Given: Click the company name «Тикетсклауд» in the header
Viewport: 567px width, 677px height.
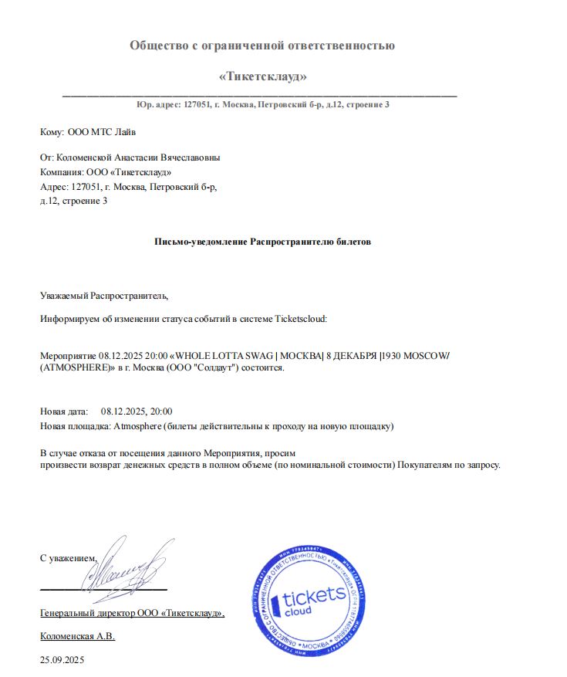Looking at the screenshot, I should [263, 76].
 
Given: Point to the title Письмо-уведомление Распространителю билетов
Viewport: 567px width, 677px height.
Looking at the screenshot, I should [263, 242].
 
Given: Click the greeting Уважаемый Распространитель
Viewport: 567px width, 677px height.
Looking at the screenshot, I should [103, 295].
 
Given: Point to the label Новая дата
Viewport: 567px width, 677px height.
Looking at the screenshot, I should [64, 411].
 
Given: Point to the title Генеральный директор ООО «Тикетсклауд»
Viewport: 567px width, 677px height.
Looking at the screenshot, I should [132, 613].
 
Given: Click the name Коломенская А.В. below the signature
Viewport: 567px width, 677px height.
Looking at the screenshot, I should [77, 636].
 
